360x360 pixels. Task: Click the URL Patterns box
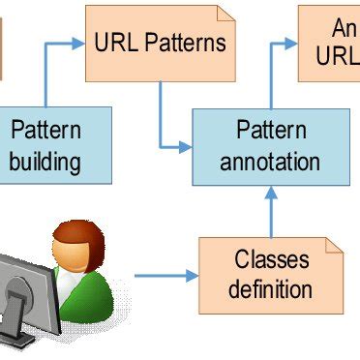(x=160, y=43)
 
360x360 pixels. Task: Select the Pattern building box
(x=45, y=145)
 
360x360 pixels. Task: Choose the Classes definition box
(x=272, y=273)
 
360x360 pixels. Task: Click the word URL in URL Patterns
(x=117, y=43)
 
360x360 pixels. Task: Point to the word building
(x=45, y=160)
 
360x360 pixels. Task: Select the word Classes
(x=272, y=259)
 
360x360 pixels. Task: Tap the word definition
(x=272, y=288)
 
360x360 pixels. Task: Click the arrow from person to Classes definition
(x=165, y=276)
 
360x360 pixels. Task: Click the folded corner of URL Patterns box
(x=225, y=14)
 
